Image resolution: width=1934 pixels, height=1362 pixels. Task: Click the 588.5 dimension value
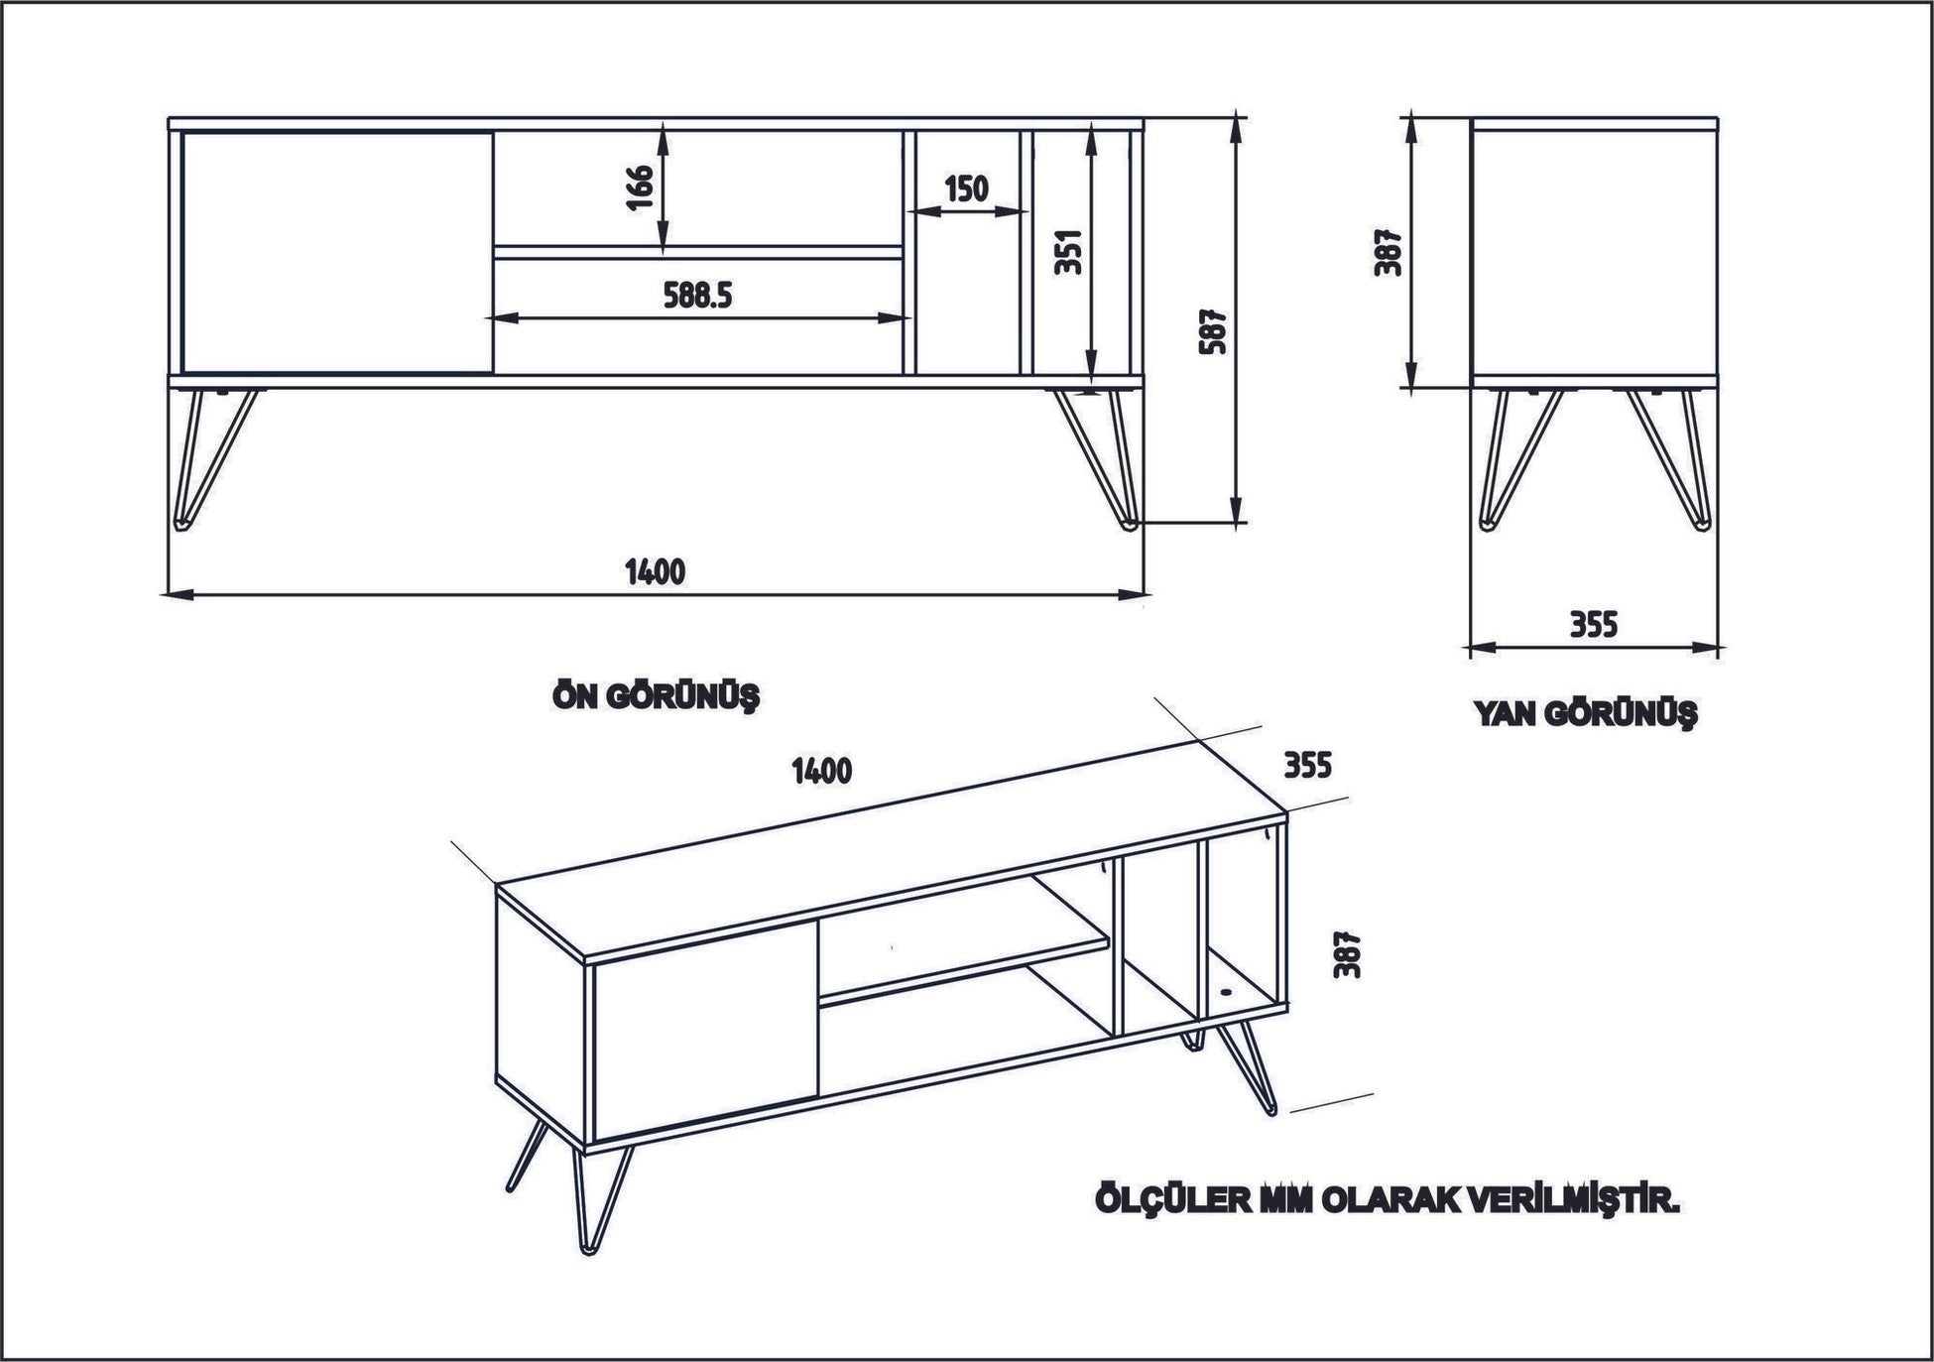(x=696, y=295)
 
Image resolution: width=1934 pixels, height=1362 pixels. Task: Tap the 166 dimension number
(x=640, y=188)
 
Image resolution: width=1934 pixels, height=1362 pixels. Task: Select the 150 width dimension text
(x=965, y=187)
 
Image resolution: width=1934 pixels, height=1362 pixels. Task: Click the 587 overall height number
(x=1214, y=330)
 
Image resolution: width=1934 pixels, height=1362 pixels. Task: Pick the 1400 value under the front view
(x=655, y=571)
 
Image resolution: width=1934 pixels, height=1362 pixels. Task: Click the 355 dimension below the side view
(x=1593, y=624)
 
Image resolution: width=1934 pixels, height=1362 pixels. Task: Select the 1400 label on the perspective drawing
(x=822, y=770)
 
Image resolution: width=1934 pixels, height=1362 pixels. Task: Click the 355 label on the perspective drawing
(x=1306, y=765)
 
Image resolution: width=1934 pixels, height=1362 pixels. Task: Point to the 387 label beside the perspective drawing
(x=1346, y=954)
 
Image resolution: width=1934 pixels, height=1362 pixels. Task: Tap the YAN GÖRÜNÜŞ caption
(x=1585, y=713)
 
